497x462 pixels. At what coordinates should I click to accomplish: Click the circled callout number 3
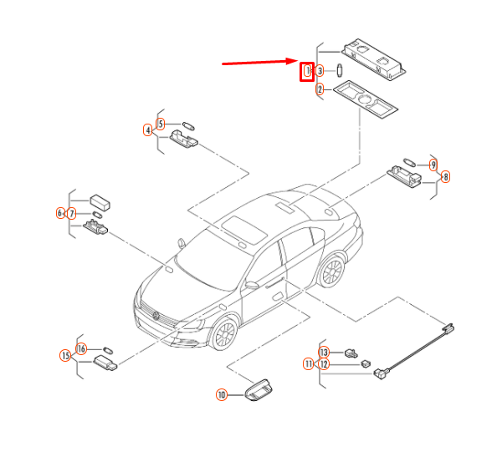coord(320,71)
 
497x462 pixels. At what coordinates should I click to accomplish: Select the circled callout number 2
coord(320,89)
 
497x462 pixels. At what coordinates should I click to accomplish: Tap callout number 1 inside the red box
coord(307,71)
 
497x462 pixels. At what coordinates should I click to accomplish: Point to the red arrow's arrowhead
coord(292,61)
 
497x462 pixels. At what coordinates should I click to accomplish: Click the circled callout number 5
coord(161,124)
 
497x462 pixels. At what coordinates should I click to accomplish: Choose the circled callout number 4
coord(148,130)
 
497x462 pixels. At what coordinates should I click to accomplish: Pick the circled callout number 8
coord(445,176)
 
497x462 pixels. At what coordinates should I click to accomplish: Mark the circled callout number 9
coord(433,165)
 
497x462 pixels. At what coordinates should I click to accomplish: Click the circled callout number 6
coord(60,213)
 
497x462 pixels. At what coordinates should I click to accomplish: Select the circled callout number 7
coord(72,214)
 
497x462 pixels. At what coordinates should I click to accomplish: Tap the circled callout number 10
coord(222,394)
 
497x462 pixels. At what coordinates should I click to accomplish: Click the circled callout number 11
coord(309,363)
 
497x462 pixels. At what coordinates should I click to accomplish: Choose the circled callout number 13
coord(324,353)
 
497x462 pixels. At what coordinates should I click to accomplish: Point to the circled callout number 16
coord(81,348)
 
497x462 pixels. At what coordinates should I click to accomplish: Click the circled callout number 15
coord(65,356)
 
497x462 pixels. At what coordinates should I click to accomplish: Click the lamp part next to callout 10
coord(258,390)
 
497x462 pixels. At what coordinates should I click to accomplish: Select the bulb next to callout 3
coord(340,70)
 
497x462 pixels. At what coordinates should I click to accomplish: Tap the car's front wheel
coord(224,334)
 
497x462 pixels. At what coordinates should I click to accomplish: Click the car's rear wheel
coord(332,272)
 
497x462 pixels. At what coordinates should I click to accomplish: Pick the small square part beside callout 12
coord(366,363)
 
